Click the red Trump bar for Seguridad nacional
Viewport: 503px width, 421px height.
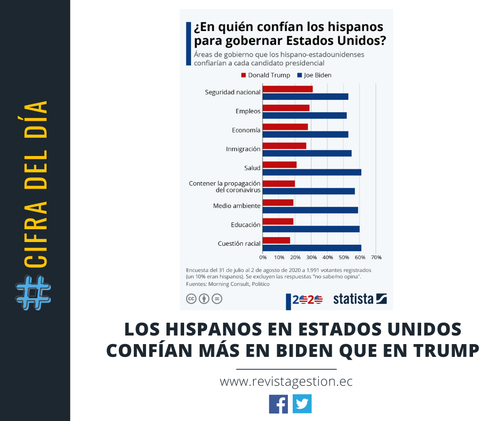tap(287, 89)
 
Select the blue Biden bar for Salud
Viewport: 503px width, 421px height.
tap(311, 172)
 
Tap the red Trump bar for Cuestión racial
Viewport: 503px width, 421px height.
tap(276, 240)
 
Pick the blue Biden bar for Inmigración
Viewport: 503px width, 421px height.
tap(307, 153)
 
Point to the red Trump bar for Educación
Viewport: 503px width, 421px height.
tap(278, 221)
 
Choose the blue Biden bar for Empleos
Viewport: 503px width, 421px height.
tap(304, 115)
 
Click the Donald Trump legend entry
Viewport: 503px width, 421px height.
tap(266, 75)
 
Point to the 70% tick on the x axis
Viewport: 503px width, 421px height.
tap(376, 258)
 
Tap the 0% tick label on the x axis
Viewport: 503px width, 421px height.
tap(263, 258)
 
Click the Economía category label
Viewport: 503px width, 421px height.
tap(246, 130)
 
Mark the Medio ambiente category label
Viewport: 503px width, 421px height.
tap(237, 206)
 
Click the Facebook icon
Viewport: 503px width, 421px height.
tap(278, 404)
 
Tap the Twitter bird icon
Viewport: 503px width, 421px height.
tap(302, 404)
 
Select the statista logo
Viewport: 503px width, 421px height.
tap(360, 299)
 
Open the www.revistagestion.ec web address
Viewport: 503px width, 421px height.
tap(286, 382)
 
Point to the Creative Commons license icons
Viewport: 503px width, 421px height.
tap(204, 299)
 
